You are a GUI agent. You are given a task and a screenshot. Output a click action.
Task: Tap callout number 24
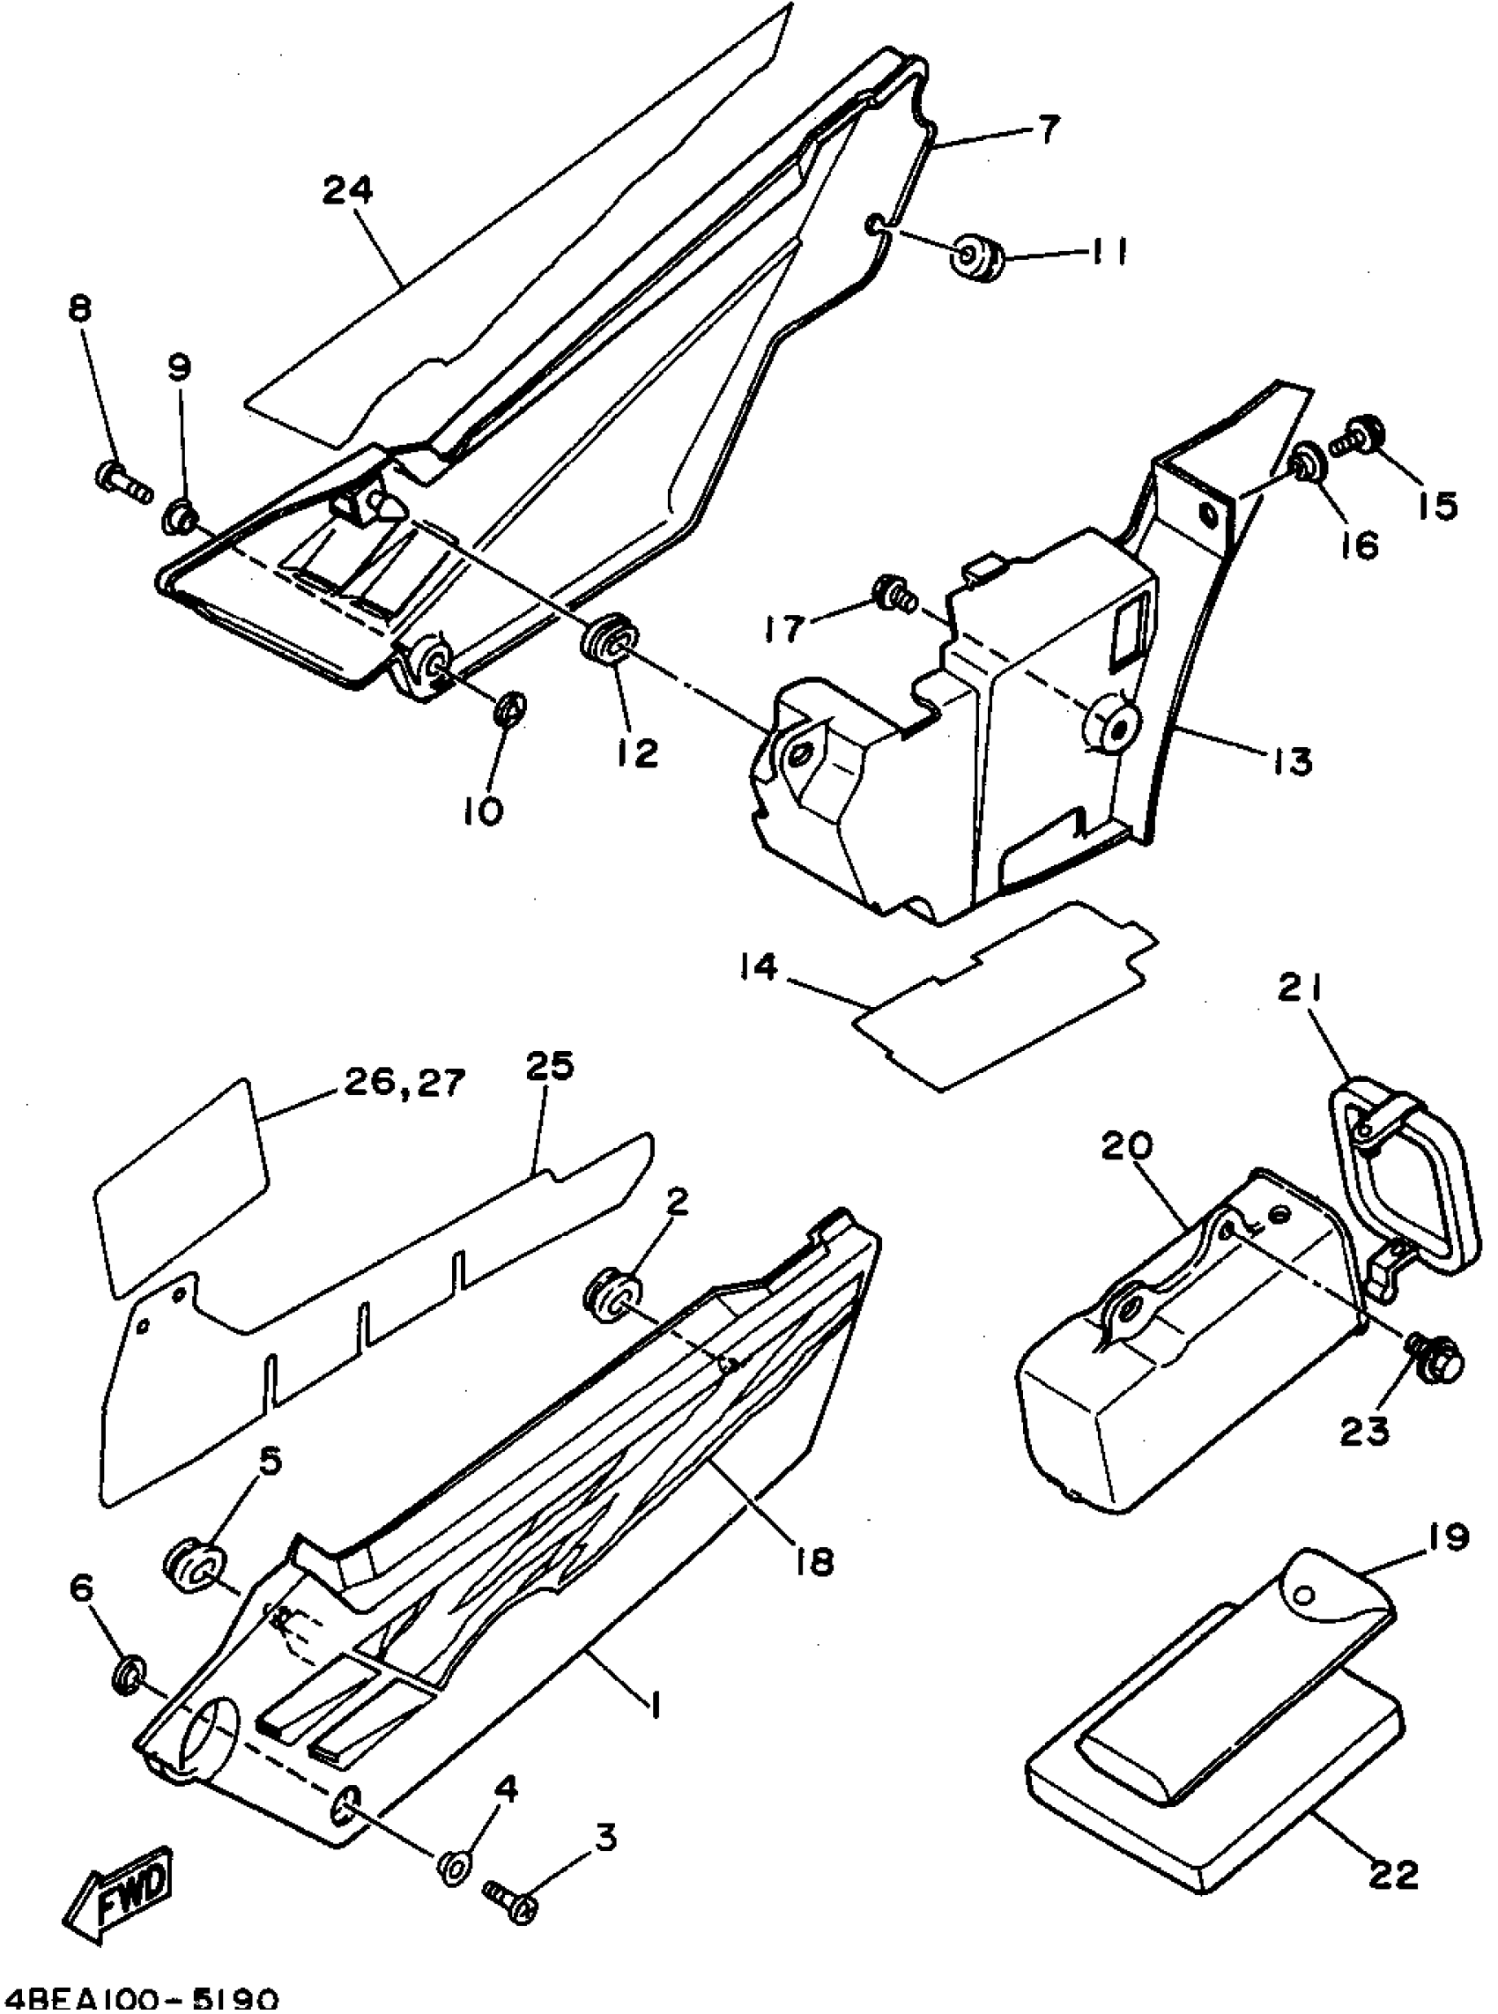pyautogui.click(x=348, y=191)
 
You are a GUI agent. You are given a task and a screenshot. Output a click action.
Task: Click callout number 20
pyautogui.click(x=1127, y=1145)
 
